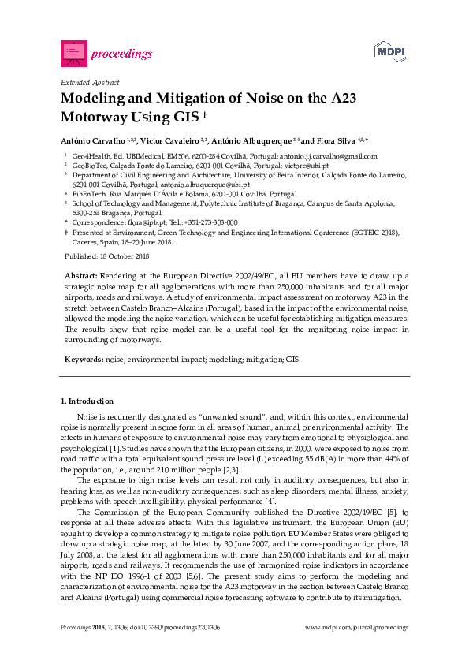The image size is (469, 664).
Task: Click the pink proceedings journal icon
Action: pos(73,53)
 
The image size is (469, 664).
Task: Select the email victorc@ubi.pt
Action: pos(285,166)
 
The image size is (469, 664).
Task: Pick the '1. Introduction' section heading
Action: pos(87,401)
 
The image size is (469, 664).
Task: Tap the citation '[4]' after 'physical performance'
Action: pos(270,501)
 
